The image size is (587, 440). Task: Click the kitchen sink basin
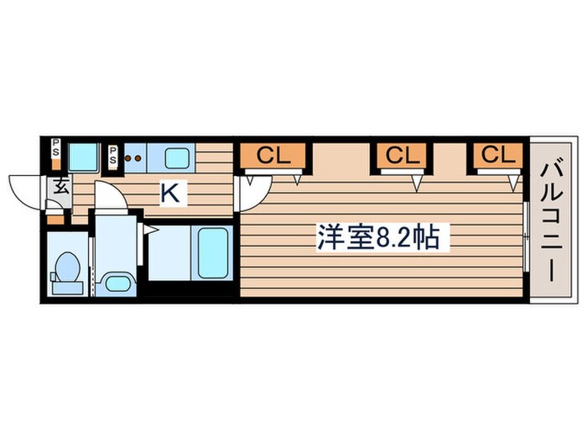[178, 158]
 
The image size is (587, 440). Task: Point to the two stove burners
[133, 157]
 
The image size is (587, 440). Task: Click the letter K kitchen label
[169, 193]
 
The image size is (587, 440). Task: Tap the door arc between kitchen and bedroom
[249, 195]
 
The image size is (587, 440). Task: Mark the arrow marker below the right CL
[513, 179]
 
